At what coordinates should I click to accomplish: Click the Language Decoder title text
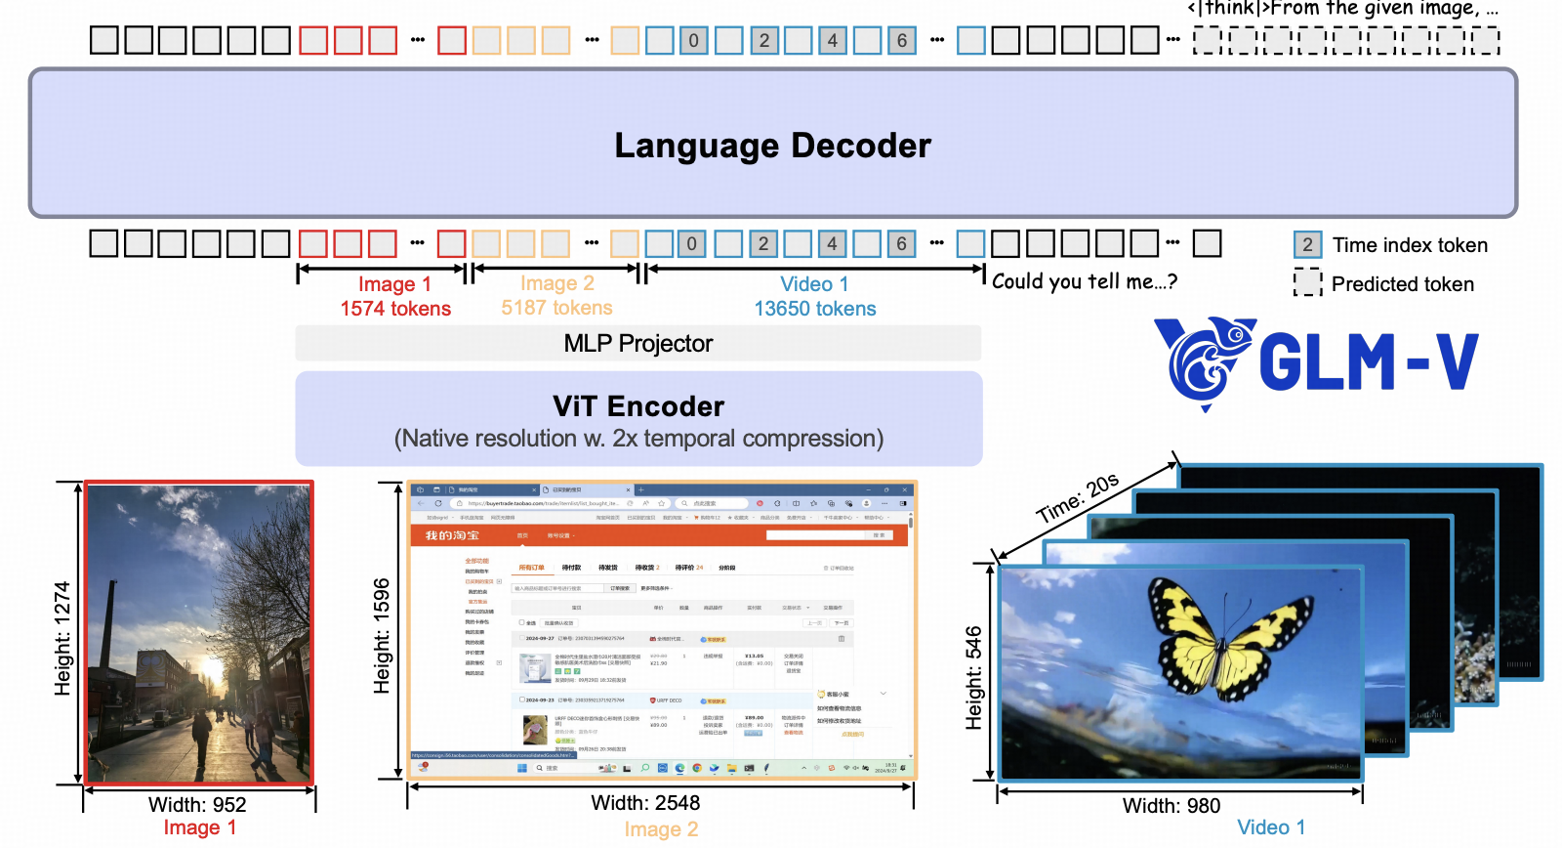click(772, 146)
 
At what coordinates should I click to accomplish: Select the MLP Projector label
click(637, 344)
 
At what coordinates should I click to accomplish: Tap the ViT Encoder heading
click(638, 406)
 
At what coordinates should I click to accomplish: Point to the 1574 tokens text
click(395, 309)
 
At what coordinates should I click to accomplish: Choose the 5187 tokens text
click(556, 308)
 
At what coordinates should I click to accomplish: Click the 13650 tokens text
click(815, 309)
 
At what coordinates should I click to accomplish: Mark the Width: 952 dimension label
click(197, 805)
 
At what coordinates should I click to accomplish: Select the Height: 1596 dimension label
click(382, 636)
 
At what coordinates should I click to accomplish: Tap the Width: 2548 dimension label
click(645, 803)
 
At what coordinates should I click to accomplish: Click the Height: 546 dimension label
click(973, 678)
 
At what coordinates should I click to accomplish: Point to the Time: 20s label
click(1078, 498)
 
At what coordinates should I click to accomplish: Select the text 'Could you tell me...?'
click(1085, 282)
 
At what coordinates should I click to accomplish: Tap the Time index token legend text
click(1410, 245)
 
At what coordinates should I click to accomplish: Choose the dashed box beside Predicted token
click(1307, 283)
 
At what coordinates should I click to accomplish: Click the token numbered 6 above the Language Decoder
click(902, 40)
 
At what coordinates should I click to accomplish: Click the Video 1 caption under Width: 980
click(1271, 827)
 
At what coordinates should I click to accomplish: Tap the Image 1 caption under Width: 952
click(199, 827)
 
